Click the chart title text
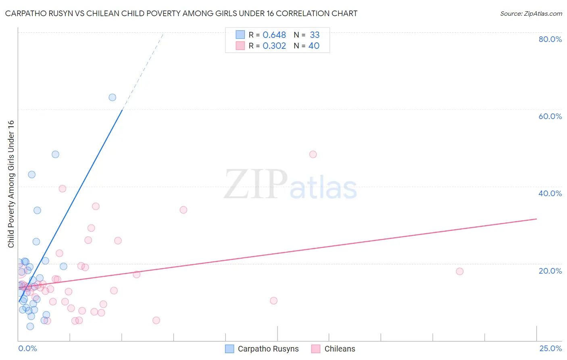(x=181, y=14)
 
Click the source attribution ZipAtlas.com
(x=531, y=14)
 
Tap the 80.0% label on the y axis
(x=550, y=39)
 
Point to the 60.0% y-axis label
(x=550, y=116)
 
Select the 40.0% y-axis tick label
(x=550, y=193)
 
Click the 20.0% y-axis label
(x=550, y=271)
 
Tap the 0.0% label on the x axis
(x=27, y=348)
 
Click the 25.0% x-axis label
(x=550, y=348)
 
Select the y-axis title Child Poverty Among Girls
(x=11, y=184)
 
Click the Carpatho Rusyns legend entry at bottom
(x=262, y=349)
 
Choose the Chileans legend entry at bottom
(x=334, y=349)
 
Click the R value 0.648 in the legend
(x=274, y=35)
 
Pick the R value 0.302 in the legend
(x=274, y=46)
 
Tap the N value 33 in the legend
(x=315, y=35)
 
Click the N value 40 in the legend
(x=314, y=46)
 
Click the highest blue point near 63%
(x=112, y=97)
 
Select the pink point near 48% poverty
(x=313, y=154)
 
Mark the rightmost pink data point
(x=460, y=271)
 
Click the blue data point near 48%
(x=55, y=154)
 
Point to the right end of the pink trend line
(x=536, y=219)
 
